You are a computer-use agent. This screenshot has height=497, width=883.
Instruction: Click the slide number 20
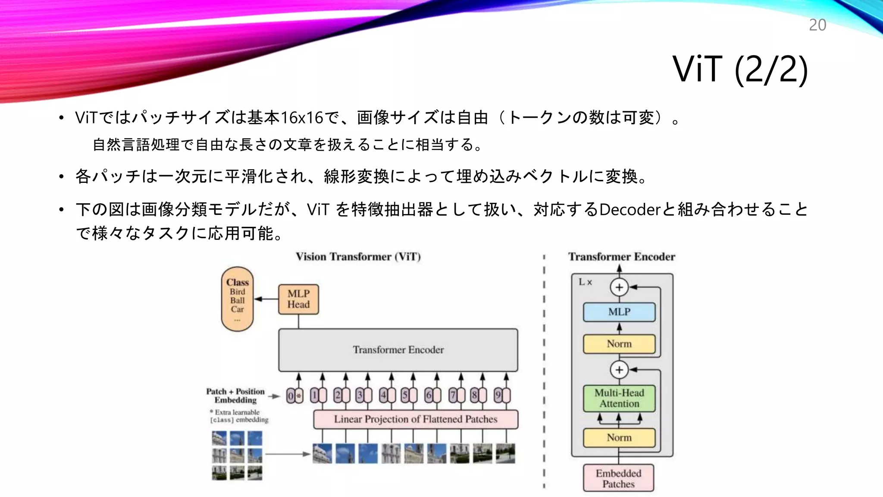(x=817, y=25)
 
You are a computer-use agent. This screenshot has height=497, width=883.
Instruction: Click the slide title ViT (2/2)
(x=740, y=69)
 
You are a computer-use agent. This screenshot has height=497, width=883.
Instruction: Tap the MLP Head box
(x=298, y=299)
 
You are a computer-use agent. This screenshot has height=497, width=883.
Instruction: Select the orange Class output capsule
(x=237, y=299)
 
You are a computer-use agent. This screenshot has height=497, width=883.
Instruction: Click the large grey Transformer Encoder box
(x=398, y=350)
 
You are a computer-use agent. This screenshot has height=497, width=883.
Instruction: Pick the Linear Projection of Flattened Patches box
(x=415, y=419)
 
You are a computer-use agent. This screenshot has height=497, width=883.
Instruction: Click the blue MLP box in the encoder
(x=619, y=312)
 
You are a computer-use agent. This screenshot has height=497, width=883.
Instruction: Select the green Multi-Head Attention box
(x=619, y=398)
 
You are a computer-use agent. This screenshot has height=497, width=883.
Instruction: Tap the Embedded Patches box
(x=618, y=478)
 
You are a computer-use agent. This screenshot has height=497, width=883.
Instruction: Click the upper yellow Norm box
(x=619, y=344)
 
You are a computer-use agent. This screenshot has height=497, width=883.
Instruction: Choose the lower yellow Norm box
(x=619, y=437)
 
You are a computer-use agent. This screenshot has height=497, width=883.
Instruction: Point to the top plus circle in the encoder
(x=619, y=287)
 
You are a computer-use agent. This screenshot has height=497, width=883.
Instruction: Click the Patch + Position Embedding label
(x=235, y=396)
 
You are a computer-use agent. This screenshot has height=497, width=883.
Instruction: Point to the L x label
(x=585, y=282)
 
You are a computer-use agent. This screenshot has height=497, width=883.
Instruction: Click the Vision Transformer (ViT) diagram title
(x=358, y=257)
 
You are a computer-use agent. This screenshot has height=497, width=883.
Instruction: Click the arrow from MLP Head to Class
(x=266, y=299)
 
